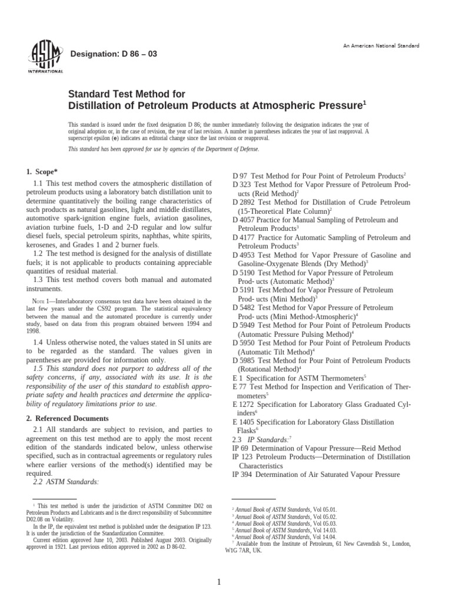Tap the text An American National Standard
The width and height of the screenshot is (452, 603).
pos(381,46)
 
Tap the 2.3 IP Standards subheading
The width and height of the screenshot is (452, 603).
pos(255,439)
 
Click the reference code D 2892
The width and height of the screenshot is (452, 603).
pos(244,202)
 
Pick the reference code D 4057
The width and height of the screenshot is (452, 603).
pos(244,220)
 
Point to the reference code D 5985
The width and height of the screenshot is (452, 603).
pos(244,360)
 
